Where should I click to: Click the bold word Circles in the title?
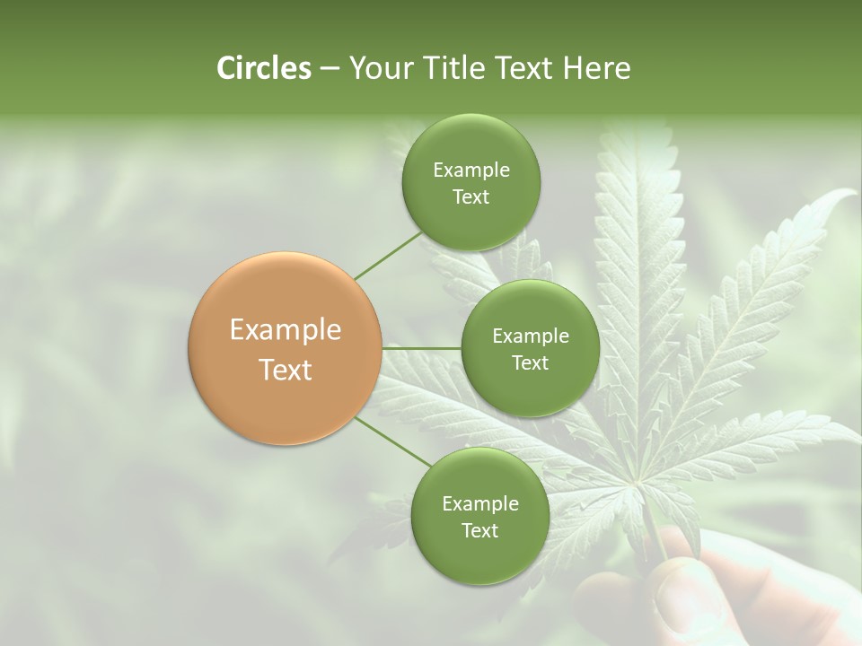click(x=264, y=68)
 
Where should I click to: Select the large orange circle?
click(x=286, y=348)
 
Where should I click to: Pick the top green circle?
click(x=471, y=183)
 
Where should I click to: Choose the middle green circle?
click(x=530, y=348)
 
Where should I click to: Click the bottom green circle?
click(x=479, y=516)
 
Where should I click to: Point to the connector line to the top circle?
click(x=388, y=256)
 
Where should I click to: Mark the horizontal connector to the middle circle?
click(x=422, y=348)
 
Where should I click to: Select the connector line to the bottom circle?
click(x=391, y=441)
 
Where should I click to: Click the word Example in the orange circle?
click(x=286, y=330)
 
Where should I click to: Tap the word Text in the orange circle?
click(x=286, y=370)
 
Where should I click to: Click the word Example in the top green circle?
click(x=471, y=170)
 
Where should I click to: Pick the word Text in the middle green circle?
click(x=530, y=362)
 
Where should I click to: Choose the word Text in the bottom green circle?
click(x=479, y=530)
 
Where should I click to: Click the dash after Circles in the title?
click(x=329, y=68)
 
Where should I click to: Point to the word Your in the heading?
click(x=377, y=68)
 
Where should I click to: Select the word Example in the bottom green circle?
click(x=479, y=503)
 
